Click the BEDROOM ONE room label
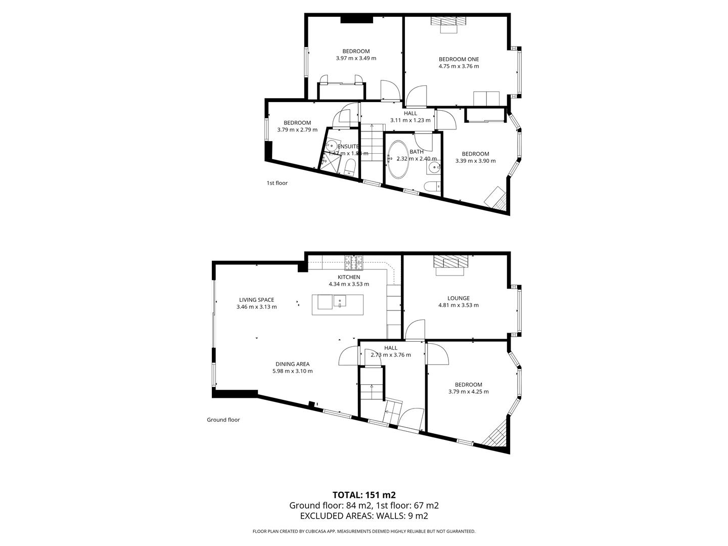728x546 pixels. tap(459, 59)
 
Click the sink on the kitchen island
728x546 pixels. tap(340, 302)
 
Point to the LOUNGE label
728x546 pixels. tap(458, 298)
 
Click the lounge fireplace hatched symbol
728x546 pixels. tap(450, 262)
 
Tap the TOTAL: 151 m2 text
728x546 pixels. tap(363, 495)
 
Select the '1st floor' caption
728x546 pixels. tap(277, 183)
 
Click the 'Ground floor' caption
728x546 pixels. tap(223, 420)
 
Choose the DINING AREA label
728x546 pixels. tap(292, 364)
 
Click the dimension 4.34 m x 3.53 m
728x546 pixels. tap(349, 284)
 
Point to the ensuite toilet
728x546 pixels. tap(350, 167)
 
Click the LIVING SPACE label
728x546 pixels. tap(256, 300)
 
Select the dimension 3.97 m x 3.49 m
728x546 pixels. tap(356, 58)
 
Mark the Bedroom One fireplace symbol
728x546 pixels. tap(448, 21)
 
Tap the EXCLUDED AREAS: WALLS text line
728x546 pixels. tap(363, 516)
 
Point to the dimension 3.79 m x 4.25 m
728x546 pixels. tap(468, 391)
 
